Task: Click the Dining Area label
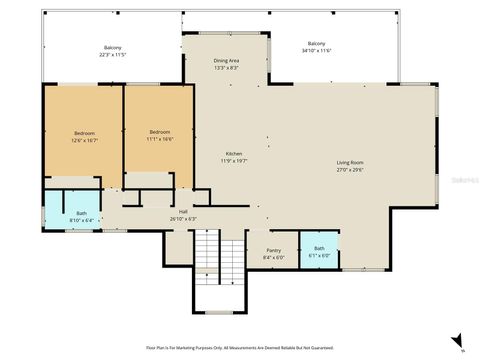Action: pos(226,61)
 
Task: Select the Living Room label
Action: pos(349,163)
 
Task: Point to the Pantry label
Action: pos(273,251)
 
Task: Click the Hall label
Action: pos(184,211)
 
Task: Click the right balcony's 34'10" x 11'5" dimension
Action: pos(316,50)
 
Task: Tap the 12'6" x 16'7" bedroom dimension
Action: pos(83,140)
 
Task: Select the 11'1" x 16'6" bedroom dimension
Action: pos(160,140)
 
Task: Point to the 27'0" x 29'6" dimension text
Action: pos(349,170)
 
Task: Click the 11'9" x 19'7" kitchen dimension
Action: pos(234,161)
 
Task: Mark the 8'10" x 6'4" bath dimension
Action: pos(81,219)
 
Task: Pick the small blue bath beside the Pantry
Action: pos(319,250)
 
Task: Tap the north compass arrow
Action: pos(457,340)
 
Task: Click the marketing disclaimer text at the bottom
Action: pos(239,347)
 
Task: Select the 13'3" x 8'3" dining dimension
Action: pos(226,68)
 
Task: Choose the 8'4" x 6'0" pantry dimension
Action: pos(273,258)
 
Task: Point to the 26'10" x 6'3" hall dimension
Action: pos(184,218)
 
